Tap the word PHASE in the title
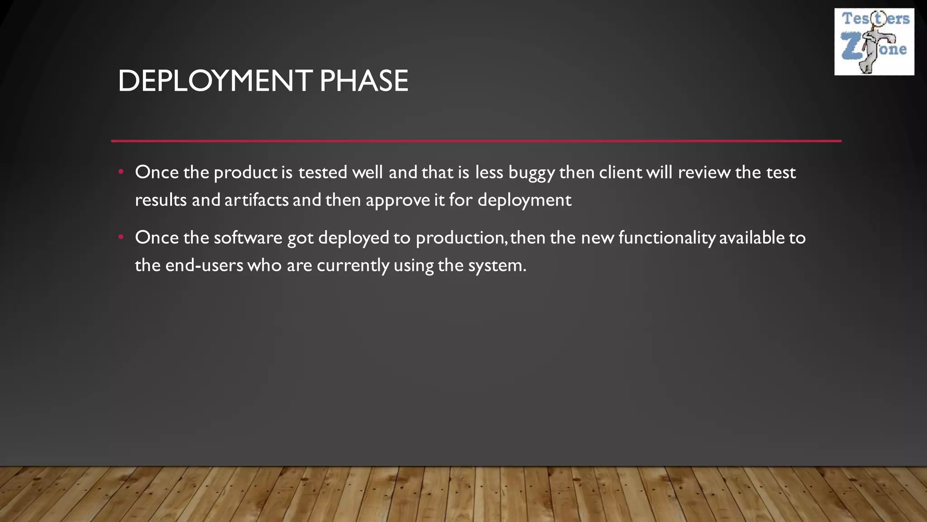363,82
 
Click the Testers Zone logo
874,42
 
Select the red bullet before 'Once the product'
121,172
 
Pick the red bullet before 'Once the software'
121,237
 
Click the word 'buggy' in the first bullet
531,173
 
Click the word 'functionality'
667,238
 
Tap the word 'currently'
353,266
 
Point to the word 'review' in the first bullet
704,172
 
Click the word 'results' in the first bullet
161,200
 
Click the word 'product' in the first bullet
245,173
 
